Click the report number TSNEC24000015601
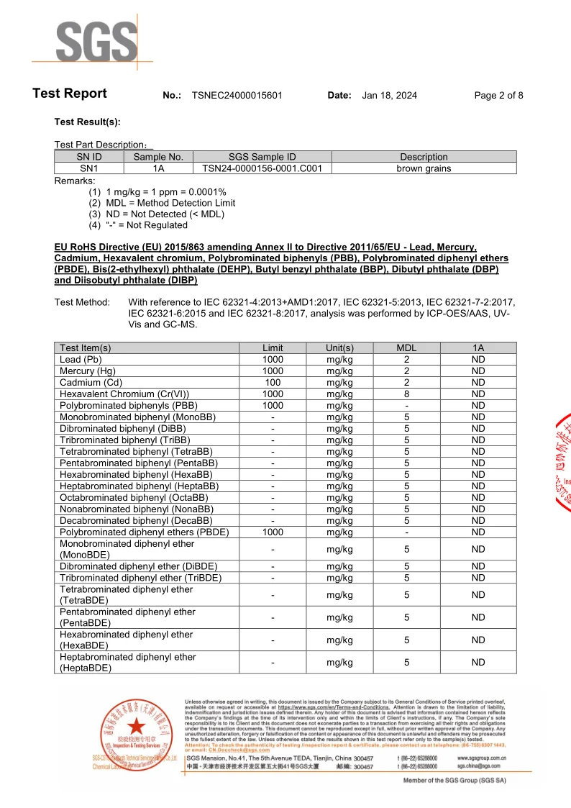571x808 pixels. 237,96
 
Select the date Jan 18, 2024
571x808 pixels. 389,96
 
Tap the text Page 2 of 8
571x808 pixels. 498,96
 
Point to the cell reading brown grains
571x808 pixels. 424,168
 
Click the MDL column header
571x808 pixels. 406,348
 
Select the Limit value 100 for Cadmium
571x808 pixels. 273,383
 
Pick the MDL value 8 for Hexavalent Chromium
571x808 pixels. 406,394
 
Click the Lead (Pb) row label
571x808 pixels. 81,360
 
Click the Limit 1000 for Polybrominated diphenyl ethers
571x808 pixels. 273,532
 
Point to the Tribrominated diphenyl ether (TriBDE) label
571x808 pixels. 140,578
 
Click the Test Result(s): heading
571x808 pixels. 87,122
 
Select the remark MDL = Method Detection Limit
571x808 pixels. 170,203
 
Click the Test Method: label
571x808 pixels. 82,302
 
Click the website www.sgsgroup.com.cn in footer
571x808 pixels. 481,758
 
